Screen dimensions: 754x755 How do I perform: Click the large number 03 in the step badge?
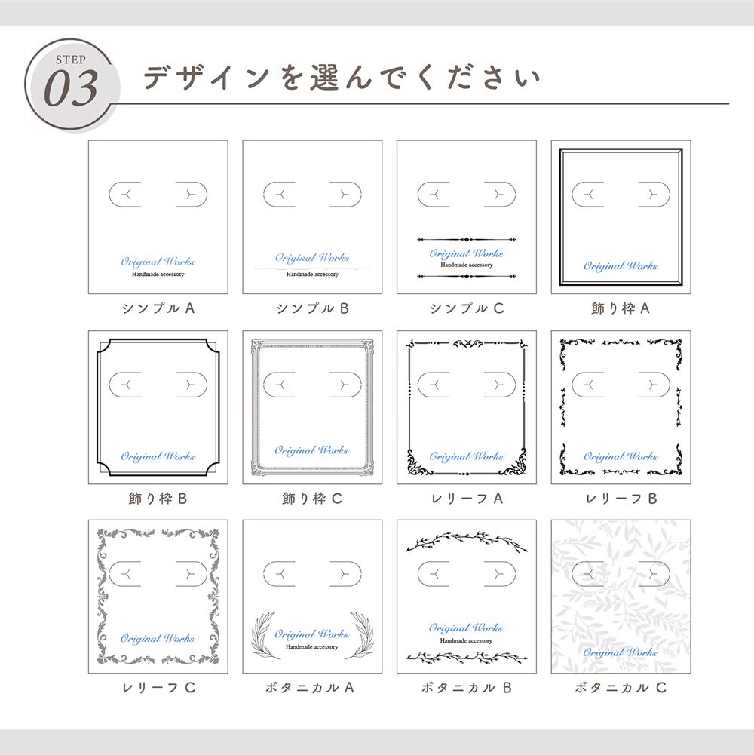click(71, 89)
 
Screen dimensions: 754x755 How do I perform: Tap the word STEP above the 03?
click(71, 60)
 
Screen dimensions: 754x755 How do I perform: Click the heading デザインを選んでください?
click(342, 77)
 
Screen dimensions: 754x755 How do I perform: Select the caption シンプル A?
click(158, 308)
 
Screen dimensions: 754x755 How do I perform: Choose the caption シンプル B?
click(312, 308)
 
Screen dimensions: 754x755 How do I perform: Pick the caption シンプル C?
click(467, 308)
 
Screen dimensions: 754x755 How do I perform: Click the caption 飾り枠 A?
click(621, 308)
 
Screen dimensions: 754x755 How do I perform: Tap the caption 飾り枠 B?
click(158, 499)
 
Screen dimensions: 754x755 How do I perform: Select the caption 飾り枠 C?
click(312, 499)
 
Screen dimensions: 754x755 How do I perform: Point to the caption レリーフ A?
click(467, 499)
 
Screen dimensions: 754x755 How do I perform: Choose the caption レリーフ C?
click(158, 688)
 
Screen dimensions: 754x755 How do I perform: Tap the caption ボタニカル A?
click(310, 688)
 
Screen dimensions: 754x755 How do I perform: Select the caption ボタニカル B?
click(466, 688)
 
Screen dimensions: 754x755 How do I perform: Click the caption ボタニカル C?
click(621, 688)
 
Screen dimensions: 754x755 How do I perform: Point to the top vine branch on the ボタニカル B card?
click(467, 541)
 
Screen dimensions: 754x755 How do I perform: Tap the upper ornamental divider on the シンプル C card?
click(467, 239)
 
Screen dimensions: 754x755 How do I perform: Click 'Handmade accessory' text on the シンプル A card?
click(158, 274)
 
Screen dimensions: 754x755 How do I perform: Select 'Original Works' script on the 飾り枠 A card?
click(621, 266)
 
